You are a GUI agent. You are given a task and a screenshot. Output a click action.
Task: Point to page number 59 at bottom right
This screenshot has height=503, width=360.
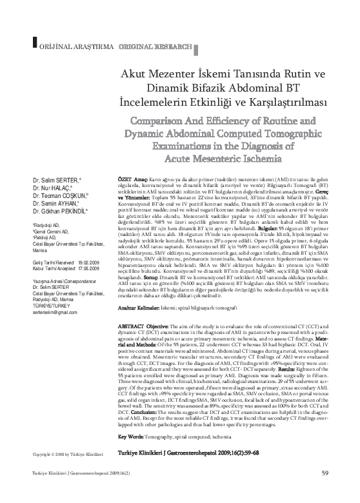point(325,493)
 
